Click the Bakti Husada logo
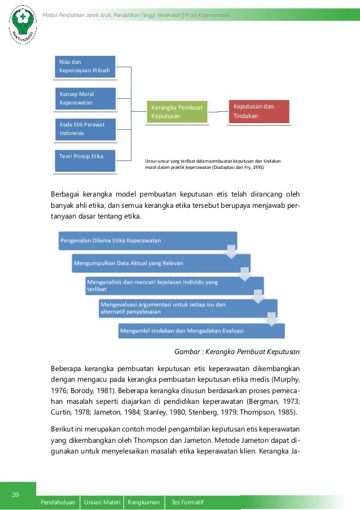(23, 24)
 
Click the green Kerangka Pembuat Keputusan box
(176, 111)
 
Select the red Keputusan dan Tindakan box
(258, 111)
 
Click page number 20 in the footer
(16, 495)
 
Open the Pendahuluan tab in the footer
(58, 502)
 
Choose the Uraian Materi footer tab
(102, 502)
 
